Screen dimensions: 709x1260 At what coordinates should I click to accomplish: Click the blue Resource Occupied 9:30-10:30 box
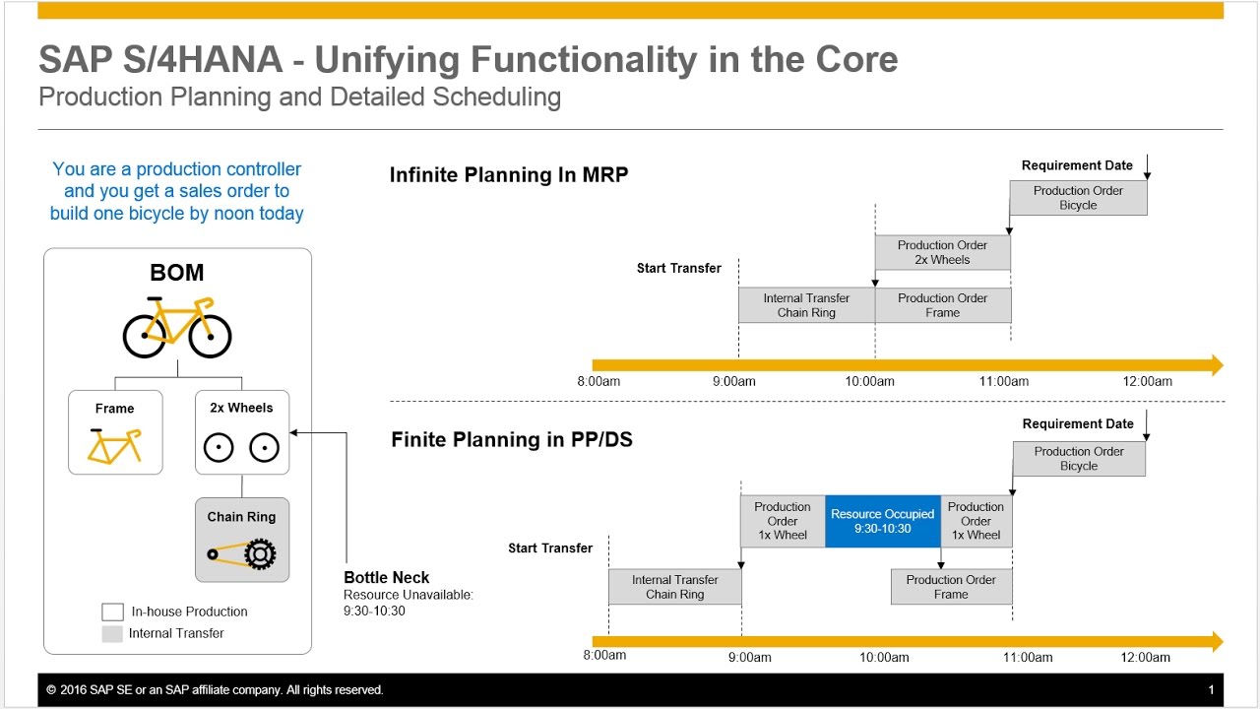tap(883, 521)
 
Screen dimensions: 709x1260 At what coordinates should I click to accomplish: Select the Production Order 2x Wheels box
tap(942, 252)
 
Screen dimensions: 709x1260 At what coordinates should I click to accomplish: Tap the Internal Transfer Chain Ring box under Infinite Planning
tap(806, 305)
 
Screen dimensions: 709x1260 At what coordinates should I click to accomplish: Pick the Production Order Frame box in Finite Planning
tap(951, 587)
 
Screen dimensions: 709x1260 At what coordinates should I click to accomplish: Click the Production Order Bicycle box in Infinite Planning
tap(1078, 198)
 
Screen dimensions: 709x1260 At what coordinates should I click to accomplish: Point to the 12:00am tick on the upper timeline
tap(1149, 381)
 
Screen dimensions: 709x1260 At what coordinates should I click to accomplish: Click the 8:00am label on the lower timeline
tap(604, 657)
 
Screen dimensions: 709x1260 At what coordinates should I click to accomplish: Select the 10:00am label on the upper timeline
tap(870, 381)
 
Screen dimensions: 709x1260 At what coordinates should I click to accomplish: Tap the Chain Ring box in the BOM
tap(242, 540)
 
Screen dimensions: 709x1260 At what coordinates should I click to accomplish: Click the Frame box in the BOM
tap(115, 432)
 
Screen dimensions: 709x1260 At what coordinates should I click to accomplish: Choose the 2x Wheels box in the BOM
tap(242, 432)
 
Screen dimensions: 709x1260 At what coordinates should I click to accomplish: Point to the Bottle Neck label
tap(387, 578)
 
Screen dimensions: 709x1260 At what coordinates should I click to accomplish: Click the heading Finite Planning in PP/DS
tap(512, 440)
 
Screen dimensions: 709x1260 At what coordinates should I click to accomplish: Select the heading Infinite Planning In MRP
tap(509, 175)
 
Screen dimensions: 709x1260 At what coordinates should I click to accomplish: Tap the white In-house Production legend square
tap(112, 612)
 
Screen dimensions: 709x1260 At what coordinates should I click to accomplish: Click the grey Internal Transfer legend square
tap(112, 633)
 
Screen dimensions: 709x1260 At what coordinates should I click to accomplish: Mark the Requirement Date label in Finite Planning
tap(1078, 424)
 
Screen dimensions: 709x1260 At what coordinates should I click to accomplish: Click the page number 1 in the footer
tap(1211, 690)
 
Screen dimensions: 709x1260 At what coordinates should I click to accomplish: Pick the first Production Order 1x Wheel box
tap(783, 521)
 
